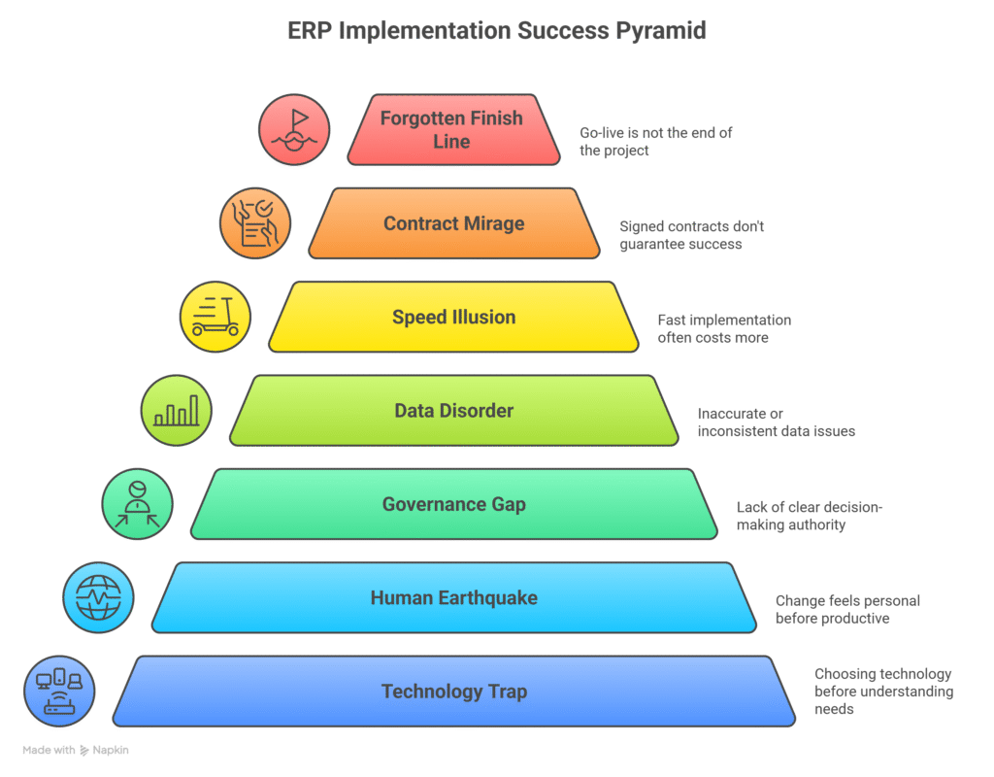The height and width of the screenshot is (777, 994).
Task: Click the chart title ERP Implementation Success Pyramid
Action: (496, 30)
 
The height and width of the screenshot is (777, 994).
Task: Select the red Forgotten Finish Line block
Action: (452, 129)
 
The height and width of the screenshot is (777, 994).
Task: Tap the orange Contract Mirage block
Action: (453, 223)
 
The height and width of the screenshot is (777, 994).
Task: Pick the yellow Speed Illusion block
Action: (453, 317)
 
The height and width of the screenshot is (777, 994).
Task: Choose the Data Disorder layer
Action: (453, 410)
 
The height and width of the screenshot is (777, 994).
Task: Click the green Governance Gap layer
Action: (453, 503)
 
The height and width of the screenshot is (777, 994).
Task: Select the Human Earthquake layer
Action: (453, 597)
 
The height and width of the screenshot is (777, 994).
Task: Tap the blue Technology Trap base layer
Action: (453, 691)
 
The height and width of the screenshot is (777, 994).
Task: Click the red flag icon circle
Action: (294, 129)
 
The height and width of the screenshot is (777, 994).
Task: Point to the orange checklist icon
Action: (254, 223)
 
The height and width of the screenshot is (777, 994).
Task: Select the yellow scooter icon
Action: (215, 317)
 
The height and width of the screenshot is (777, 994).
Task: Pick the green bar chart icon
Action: (177, 410)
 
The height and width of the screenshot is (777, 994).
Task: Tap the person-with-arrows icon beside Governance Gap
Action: (138, 504)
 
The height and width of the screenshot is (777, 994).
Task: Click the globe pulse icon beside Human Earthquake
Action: (99, 597)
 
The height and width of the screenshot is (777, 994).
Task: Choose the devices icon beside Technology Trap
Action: (59, 691)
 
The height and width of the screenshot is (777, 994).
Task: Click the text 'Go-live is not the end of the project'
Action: (655, 141)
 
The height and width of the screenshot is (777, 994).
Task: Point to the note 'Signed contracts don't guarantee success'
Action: (691, 235)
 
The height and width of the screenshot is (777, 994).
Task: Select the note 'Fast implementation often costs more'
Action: (723, 328)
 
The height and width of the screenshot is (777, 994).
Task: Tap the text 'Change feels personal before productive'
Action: (846, 609)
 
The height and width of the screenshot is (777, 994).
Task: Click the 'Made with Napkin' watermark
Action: (76, 750)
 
